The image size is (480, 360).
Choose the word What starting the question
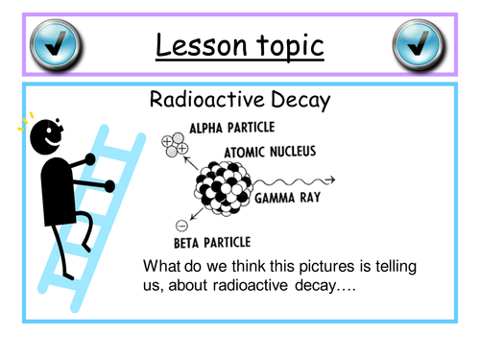click(161, 265)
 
